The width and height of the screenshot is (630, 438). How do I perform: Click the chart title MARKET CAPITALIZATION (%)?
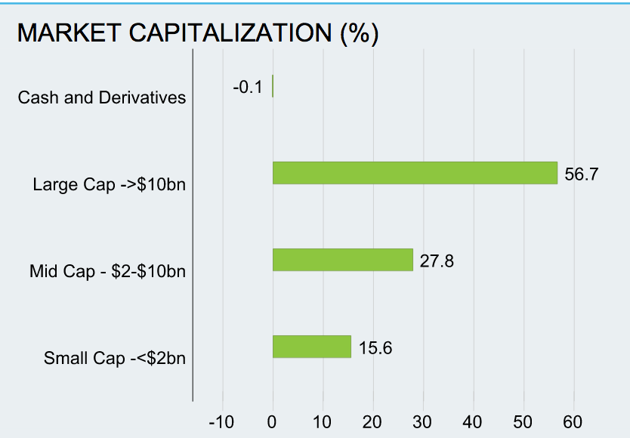pyautogui.click(x=197, y=33)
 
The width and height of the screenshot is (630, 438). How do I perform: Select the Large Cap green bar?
pyautogui.click(x=415, y=173)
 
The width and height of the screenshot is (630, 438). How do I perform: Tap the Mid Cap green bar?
pyautogui.click(x=342, y=260)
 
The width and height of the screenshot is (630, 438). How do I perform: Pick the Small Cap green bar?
pyautogui.click(x=311, y=347)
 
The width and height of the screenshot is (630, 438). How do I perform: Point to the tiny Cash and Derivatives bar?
pyautogui.click(x=273, y=86)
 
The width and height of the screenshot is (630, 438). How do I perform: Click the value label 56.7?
pyautogui.click(x=582, y=174)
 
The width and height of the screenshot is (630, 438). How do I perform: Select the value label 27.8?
pyautogui.click(x=437, y=261)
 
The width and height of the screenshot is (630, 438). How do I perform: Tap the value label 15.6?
pyautogui.click(x=375, y=348)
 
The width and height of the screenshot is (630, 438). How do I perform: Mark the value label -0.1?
pyautogui.click(x=248, y=87)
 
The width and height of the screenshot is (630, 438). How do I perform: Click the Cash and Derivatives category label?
pyautogui.click(x=102, y=97)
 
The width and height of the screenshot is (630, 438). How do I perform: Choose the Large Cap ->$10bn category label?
pyautogui.click(x=110, y=184)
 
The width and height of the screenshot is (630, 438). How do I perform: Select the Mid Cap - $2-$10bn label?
pyautogui.click(x=107, y=271)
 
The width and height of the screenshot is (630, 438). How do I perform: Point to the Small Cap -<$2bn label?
pyautogui.click(x=115, y=358)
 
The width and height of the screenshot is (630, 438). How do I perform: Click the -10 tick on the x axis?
pyautogui.click(x=221, y=421)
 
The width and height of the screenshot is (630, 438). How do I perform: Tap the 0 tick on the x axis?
pyautogui.click(x=273, y=421)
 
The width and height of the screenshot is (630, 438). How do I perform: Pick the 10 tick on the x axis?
pyautogui.click(x=323, y=421)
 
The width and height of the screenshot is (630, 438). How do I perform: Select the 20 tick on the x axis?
pyautogui.click(x=372, y=421)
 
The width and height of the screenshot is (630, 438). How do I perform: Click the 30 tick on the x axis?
pyautogui.click(x=423, y=421)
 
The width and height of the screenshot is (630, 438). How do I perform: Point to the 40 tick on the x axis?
pyautogui.click(x=473, y=421)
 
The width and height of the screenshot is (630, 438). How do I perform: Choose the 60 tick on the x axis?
pyautogui.click(x=573, y=421)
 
